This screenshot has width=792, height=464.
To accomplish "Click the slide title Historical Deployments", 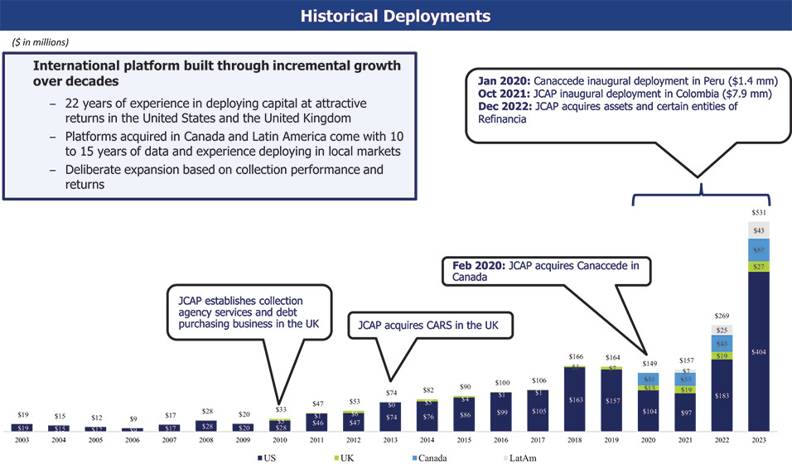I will click(x=395, y=16).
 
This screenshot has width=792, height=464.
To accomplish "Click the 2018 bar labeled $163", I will click(x=576, y=399).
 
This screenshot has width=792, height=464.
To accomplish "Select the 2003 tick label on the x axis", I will click(x=22, y=440).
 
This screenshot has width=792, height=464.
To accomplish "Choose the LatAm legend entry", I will click(x=524, y=457).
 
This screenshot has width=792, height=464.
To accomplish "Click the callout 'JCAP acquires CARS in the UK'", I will click(x=429, y=325).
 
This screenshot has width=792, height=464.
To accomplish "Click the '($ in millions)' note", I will click(x=41, y=41).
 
